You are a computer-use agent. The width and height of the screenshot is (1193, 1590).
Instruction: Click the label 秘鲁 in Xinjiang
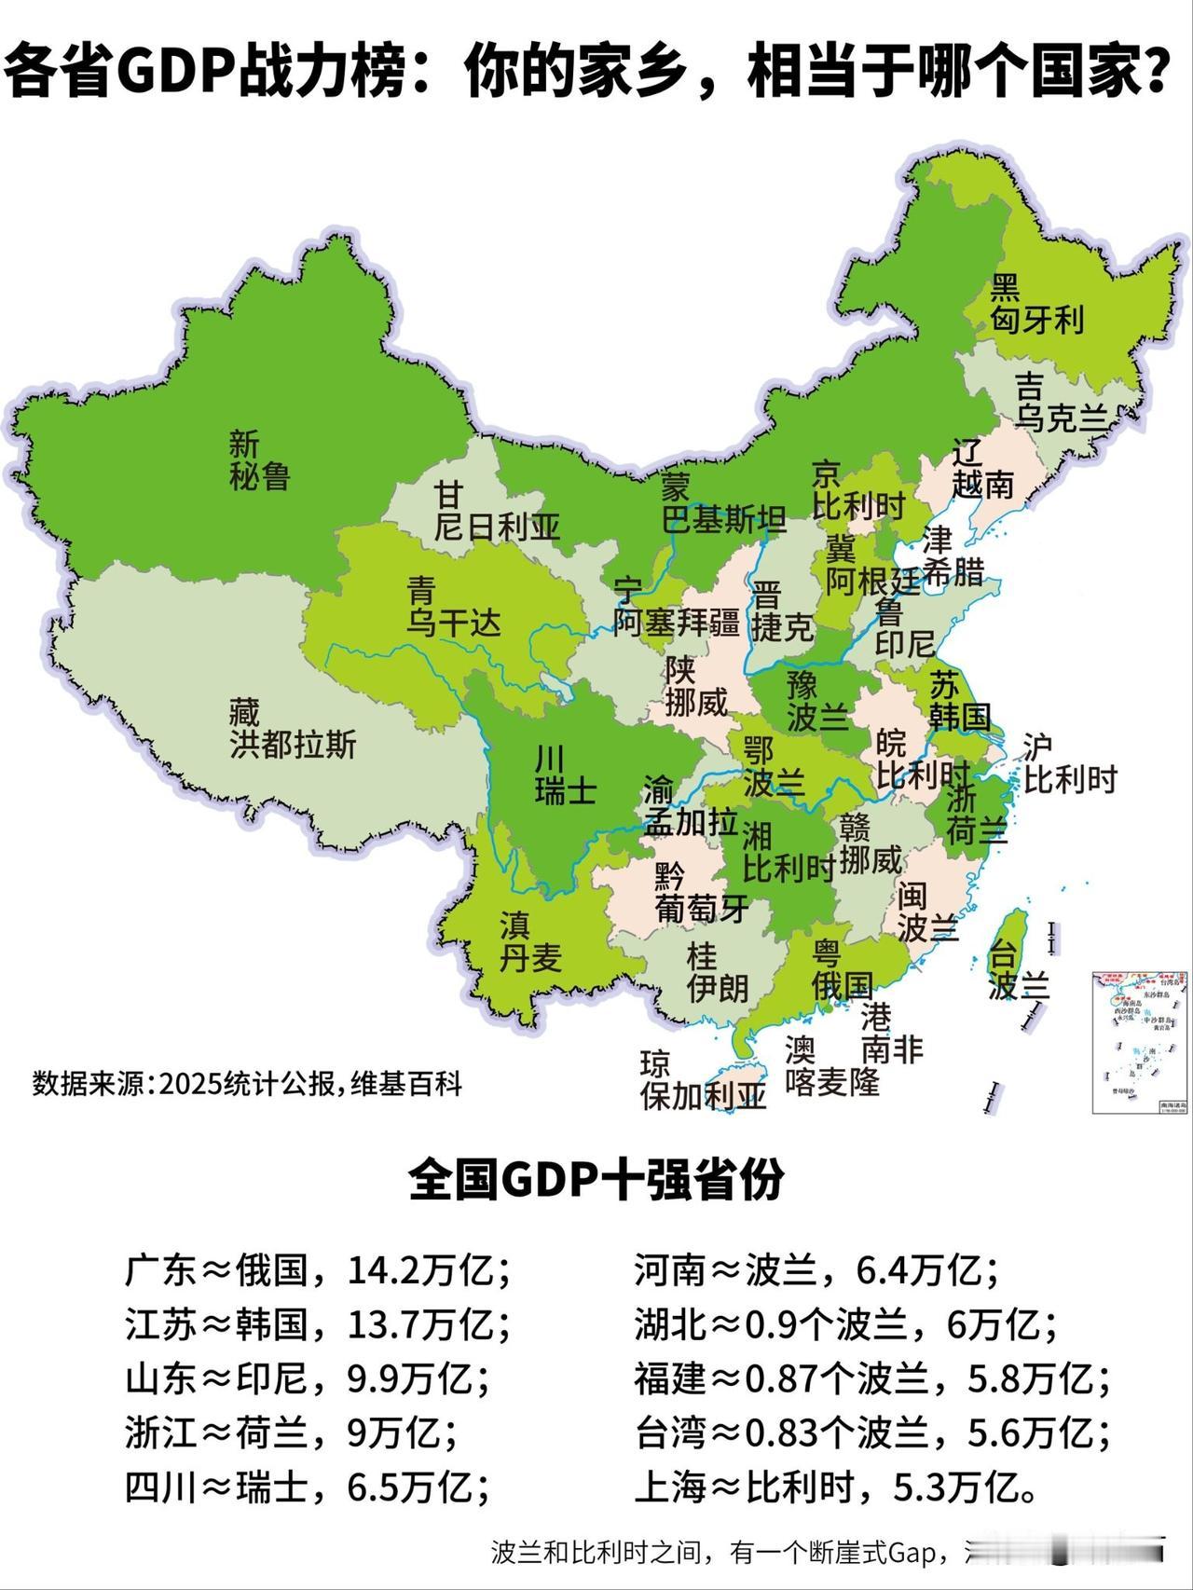click(260, 478)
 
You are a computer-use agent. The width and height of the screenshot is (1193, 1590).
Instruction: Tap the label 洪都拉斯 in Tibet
click(293, 746)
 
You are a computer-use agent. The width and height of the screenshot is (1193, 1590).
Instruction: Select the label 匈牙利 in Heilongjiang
click(1036, 321)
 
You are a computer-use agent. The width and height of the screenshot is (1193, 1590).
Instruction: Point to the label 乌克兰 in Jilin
click(1061, 419)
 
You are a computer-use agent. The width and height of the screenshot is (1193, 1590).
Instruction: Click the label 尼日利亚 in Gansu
click(497, 528)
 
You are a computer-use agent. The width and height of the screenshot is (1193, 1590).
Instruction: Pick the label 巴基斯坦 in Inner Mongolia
click(723, 520)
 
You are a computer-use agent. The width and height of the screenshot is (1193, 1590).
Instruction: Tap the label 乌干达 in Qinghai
click(453, 622)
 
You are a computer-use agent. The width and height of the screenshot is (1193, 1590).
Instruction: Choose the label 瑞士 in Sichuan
click(566, 791)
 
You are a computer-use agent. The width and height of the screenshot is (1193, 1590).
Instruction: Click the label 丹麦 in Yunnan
click(530, 958)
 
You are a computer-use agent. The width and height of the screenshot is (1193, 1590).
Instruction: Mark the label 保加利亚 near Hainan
click(703, 1096)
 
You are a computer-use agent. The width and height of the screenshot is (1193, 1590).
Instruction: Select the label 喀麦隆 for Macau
click(832, 1082)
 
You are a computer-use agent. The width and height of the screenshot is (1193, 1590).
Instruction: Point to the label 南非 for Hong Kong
click(892, 1050)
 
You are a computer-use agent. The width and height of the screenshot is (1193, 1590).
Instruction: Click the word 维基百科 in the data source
click(406, 1084)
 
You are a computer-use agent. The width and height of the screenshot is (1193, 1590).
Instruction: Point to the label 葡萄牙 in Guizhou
click(702, 909)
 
